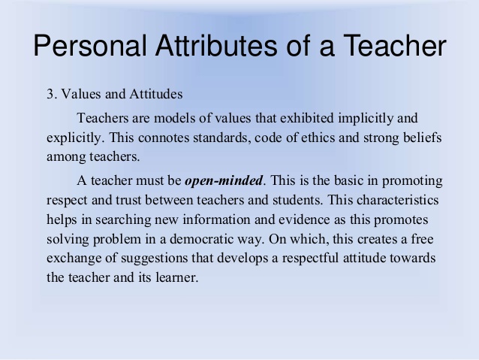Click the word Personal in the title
(90, 45)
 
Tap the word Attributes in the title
(216, 45)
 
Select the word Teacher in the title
(395, 45)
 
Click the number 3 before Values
(50, 94)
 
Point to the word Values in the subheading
(82, 94)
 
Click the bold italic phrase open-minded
(224, 181)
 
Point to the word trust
(128, 201)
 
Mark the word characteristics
(397, 201)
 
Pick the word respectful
(310, 259)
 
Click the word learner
(177, 278)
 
